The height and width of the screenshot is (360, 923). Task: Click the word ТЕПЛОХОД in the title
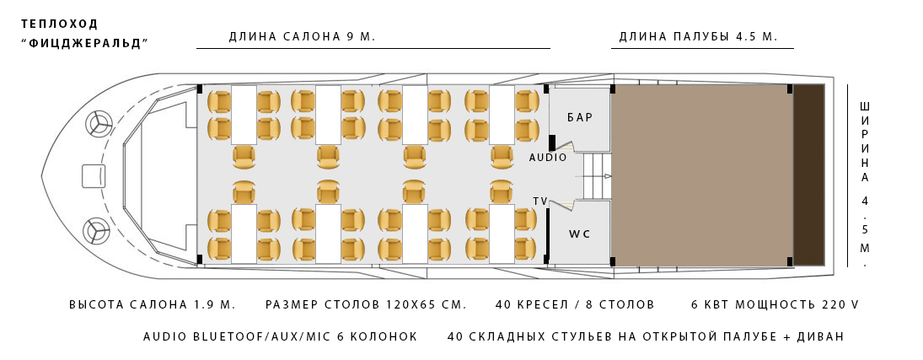59,24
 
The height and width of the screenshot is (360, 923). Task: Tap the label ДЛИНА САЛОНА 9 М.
302,37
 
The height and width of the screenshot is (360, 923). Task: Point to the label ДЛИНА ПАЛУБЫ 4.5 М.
698,37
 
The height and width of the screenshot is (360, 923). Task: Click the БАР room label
580,118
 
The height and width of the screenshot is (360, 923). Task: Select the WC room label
579,233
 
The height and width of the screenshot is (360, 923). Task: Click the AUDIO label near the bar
548,158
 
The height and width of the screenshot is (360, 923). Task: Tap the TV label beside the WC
540,201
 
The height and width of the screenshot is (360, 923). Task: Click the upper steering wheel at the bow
99,124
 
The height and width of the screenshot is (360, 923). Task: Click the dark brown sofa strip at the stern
808,175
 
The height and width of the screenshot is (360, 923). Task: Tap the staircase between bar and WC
595,176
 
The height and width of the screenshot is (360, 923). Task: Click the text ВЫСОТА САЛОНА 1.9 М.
153,304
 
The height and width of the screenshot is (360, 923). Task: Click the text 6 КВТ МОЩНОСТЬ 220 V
775,304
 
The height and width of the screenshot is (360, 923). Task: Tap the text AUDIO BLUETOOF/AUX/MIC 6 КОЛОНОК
281,336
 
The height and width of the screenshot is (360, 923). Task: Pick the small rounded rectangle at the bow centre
94,176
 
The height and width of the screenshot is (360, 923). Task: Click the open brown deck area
701,175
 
